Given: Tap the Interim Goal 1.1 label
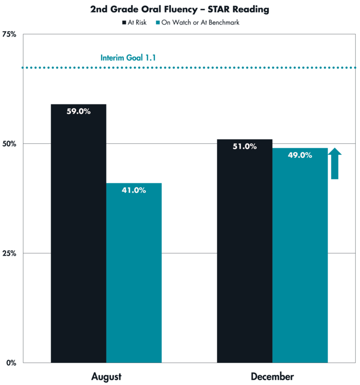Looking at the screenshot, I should click(128, 58).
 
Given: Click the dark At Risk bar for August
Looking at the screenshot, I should click(78, 241).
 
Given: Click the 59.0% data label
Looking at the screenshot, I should click(78, 111).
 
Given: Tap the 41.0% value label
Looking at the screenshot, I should click(134, 190).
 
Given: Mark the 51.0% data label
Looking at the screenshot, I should click(244, 146).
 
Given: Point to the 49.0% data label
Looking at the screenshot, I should click(300, 155).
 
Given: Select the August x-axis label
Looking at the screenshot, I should click(106, 376).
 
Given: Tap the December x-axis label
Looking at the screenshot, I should click(272, 376).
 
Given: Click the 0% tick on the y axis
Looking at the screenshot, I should click(12, 363).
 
